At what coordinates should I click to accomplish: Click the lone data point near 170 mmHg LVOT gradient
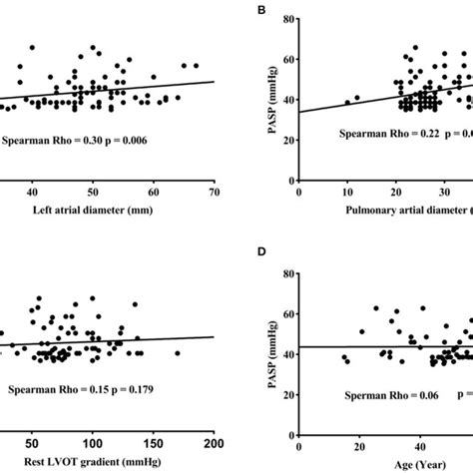[x=178, y=352]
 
